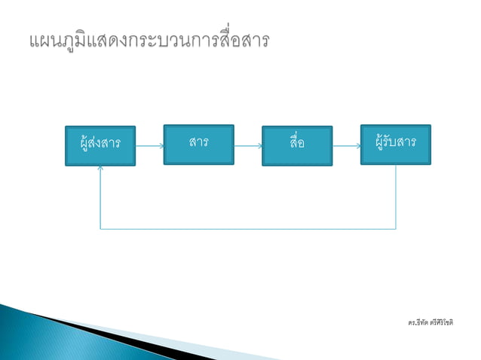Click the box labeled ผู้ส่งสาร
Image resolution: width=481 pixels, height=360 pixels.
(100, 145)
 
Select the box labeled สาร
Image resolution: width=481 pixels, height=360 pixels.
(198, 144)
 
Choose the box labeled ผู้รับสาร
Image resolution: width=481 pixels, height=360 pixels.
(395, 144)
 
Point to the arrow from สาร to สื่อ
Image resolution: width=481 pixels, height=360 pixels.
(247, 145)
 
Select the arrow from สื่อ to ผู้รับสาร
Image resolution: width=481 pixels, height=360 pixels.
(346, 145)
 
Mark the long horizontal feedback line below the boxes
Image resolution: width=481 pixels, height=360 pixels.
(249, 228)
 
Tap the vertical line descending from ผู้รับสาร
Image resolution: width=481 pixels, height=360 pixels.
(396, 196)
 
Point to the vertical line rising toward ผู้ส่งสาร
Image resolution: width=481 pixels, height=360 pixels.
(100, 200)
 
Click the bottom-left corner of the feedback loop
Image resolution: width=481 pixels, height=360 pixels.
(100, 228)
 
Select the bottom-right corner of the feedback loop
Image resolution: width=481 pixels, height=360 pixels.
(396, 228)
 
